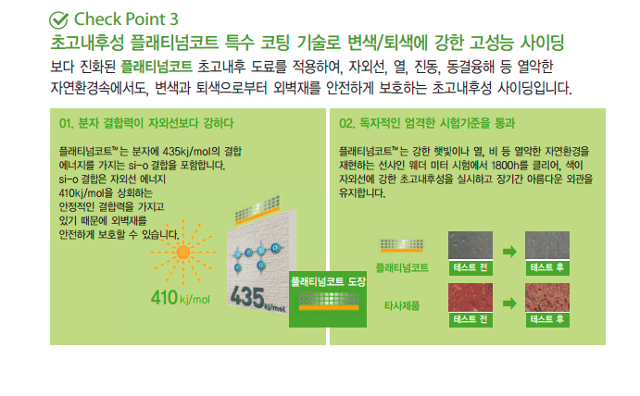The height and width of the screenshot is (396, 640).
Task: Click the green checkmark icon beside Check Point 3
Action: coord(58,20)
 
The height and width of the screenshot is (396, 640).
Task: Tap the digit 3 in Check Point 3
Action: coord(174,19)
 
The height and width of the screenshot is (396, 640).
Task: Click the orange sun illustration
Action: coord(182,253)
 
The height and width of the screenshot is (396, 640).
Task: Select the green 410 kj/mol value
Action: coord(181,297)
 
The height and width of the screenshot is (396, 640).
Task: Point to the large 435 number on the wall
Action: coord(247,297)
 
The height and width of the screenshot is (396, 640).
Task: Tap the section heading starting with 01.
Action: coord(146,123)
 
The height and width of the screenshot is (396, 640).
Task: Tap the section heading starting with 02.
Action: coord(427,123)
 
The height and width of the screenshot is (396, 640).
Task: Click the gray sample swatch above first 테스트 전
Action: coord(471,245)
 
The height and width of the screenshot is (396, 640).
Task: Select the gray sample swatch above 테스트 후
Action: coord(547,245)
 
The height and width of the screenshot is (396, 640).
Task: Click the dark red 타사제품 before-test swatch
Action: coord(471,297)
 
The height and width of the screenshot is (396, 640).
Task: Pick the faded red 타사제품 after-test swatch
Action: coord(547,297)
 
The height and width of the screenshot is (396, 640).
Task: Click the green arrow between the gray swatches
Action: coord(509,252)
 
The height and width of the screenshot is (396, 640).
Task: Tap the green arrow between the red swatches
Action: coord(509,303)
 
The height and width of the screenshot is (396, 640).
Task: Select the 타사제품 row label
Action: coord(402,306)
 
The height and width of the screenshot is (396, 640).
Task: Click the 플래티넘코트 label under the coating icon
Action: coord(402,267)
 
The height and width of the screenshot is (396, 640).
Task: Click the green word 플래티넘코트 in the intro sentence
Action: coord(157,67)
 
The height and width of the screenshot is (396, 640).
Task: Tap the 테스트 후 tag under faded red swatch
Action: coord(547,319)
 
